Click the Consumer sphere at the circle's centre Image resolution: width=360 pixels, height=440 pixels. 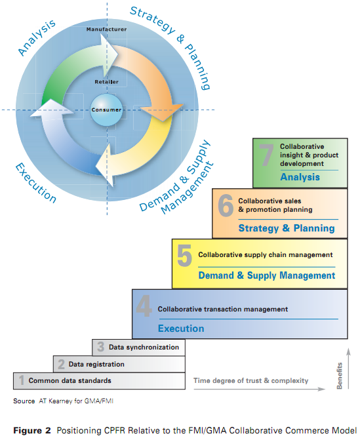pyautogui.click(x=106, y=110)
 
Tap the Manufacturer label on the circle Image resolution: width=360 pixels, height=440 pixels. pyautogui.click(x=106, y=30)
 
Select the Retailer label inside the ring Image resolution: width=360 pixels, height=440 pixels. pyautogui.click(x=106, y=82)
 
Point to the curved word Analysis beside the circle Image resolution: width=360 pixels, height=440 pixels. pyautogui.click(x=37, y=37)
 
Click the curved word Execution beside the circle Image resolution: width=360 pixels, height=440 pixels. pyautogui.click(x=35, y=183)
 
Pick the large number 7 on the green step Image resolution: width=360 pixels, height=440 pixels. pyautogui.click(x=266, y=155)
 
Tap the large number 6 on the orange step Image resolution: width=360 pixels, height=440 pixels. pyautogui.click(x=226, y=206)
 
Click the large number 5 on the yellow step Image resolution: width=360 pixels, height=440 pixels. pyautogui.click(x=185, y=255)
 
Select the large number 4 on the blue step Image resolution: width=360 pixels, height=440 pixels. pyautogui.click(x=144, y=306)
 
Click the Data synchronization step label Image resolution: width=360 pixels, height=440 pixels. pyautogui.click(x=144, y=347)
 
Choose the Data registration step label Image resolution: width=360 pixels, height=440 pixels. pyautogui.click(x=96, y=364)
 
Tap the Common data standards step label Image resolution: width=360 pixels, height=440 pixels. pyautogui.click(x=70, y=380)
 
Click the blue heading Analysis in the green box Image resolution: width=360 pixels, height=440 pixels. pyautogui.click(x=300, y=177)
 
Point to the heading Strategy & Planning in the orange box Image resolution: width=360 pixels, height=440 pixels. pyautogui.click(x=287, y=228)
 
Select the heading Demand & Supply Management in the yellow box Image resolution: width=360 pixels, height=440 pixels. pyautogui.click(x=267, y=275)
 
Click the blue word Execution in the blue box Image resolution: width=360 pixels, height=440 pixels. pyautogui.click(x=181, y=329)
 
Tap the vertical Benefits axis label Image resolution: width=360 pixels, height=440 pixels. pyautogui.click(x=340, y=376)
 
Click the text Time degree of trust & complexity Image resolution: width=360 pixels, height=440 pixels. pyautogui.click(x=251, y=380)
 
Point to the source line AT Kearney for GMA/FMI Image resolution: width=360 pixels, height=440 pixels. pyautogui.click(x=76, y=401)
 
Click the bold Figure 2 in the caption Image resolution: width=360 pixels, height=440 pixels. pyautogui.click(x=32, y=430)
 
